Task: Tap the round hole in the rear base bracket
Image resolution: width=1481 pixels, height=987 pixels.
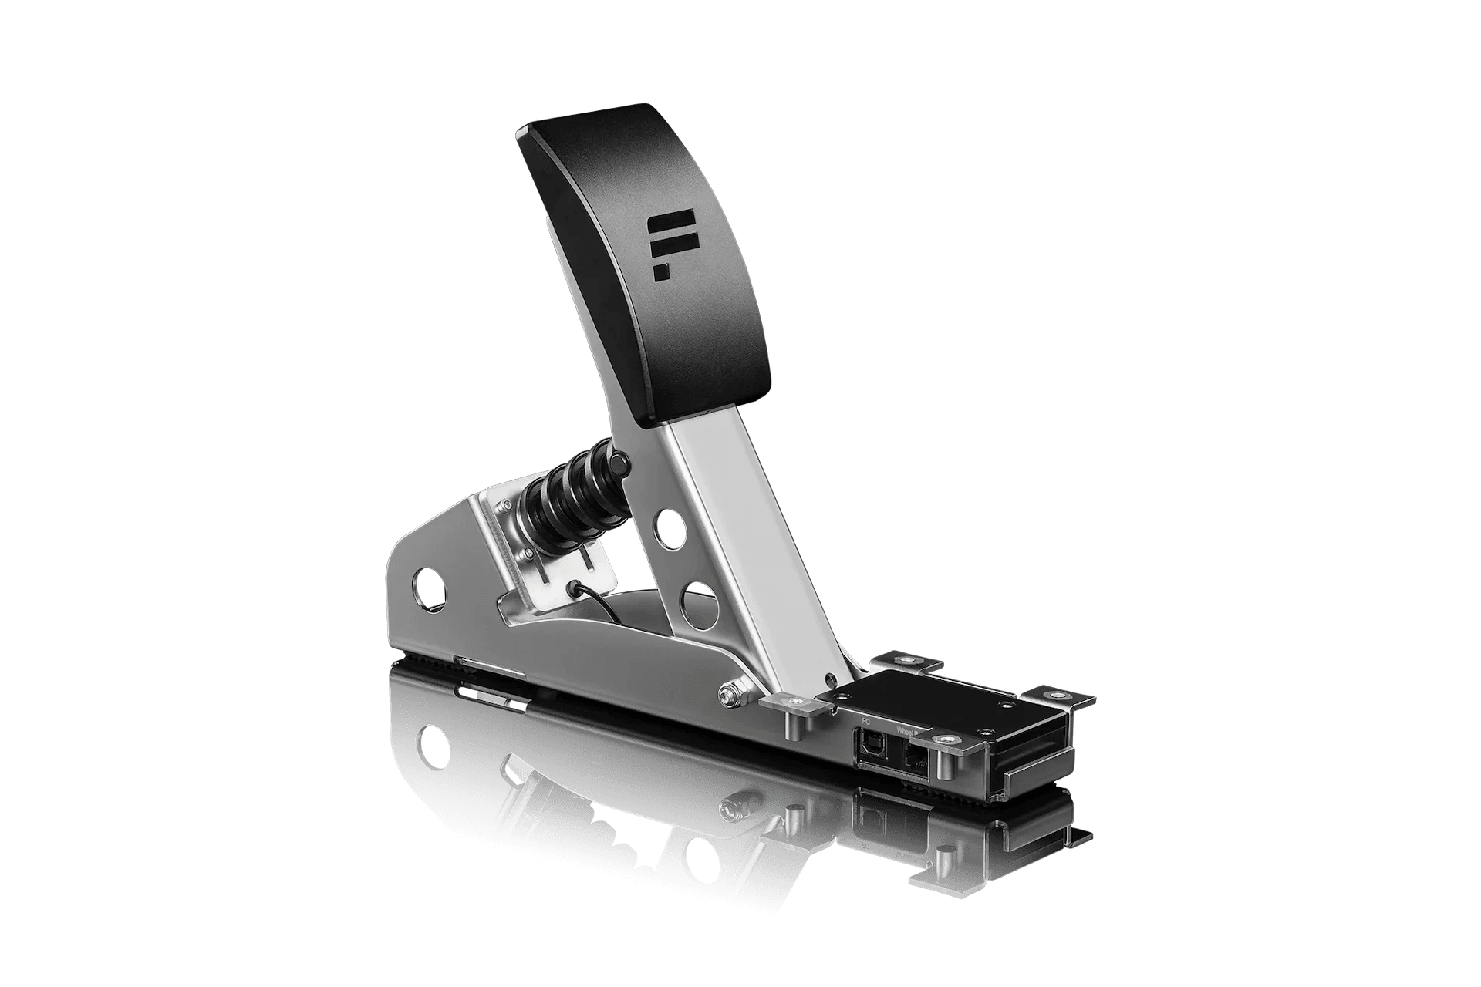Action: point(429,586)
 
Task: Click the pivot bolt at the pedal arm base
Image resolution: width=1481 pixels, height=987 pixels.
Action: point(727,693)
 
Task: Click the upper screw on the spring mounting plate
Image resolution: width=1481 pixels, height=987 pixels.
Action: point(504,507)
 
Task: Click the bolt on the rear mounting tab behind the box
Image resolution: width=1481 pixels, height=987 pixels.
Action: point(905,661)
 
